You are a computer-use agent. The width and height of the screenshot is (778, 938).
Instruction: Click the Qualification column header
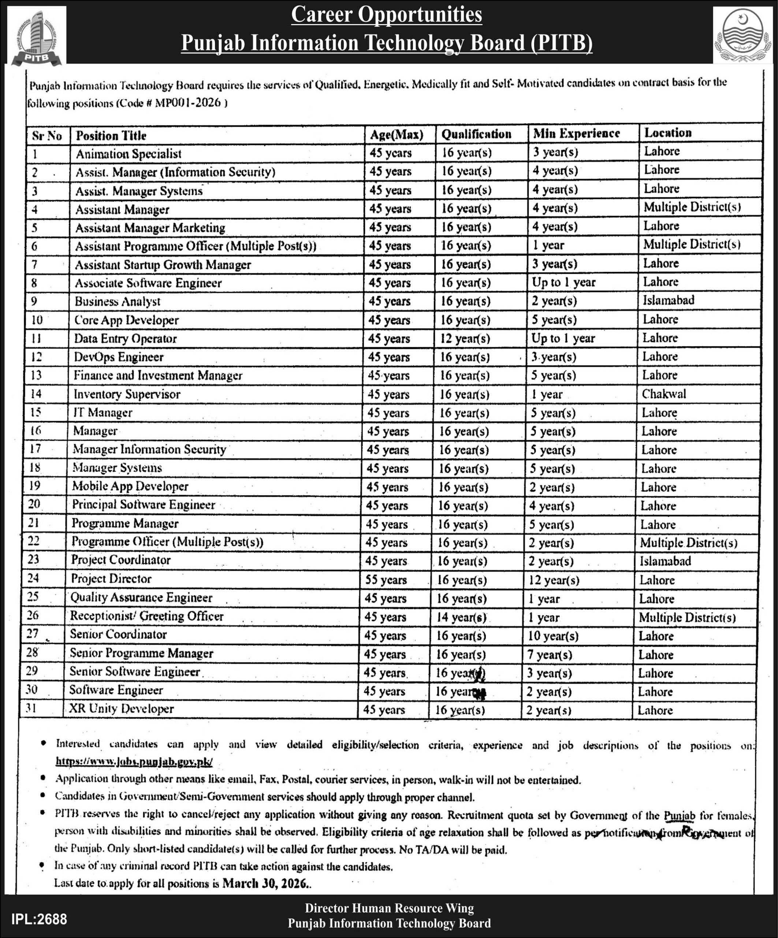(476, 134)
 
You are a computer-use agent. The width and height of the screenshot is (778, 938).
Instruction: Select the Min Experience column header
(576, 133)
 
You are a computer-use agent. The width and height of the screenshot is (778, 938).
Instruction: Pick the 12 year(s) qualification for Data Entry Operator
(465, 339)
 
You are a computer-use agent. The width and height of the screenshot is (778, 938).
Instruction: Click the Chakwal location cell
(664, 394)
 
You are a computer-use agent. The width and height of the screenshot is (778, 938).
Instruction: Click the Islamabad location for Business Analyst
(668, 300)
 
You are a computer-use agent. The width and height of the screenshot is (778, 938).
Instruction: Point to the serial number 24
(33, 579)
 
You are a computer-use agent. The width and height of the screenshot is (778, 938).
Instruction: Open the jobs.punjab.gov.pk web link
(134, 761)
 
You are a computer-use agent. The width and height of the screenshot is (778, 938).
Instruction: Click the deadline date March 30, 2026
(265, 883)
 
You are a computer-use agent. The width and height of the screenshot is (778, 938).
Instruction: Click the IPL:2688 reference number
(39, 919)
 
